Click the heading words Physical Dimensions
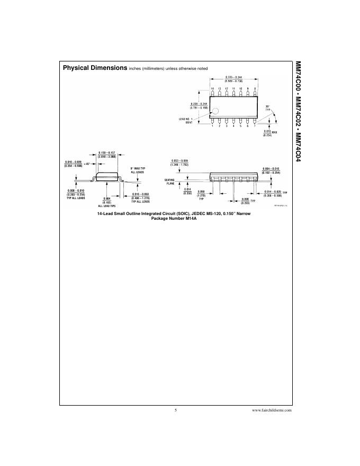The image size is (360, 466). pos(94,68)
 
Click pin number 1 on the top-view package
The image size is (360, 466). pos(212,126)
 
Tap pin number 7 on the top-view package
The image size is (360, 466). pos(255,126)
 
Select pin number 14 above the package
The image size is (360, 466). pos(212,88)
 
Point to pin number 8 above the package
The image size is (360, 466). pos(255,88)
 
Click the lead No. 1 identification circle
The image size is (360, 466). pos(215,111)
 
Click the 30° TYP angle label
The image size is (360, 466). pos(268,107)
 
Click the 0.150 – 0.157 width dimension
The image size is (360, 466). pos(107,154)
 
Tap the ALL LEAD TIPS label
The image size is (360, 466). pos(107,205)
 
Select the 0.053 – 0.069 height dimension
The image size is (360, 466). pos(179,163)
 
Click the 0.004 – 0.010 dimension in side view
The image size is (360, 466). pos(270,171)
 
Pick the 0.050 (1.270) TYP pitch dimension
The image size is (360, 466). pos(201,194)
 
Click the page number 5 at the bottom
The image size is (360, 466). pos(175,410)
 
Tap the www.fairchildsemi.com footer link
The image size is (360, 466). pos(272,410)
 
